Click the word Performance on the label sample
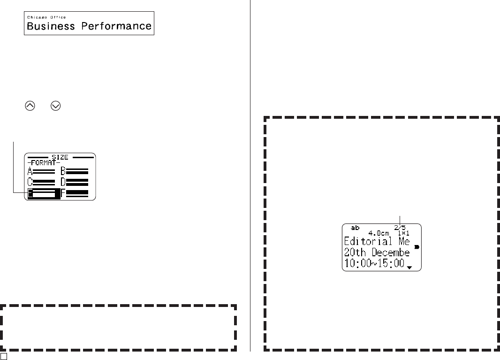tap(116, 26)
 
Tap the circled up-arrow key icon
tap(30, 106)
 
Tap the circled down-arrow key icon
tap(56, 106)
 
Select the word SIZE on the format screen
tap(60, 157)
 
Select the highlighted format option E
tap(44, 193)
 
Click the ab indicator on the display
tap(356, 228)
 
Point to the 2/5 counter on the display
tap(400, 228)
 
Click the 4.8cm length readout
tap(378, 233)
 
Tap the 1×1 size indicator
tap(403, 233)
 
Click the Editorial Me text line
tap(377, 242)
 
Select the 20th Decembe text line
tap(377, 253)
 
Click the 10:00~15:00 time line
tap(374, 264)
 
